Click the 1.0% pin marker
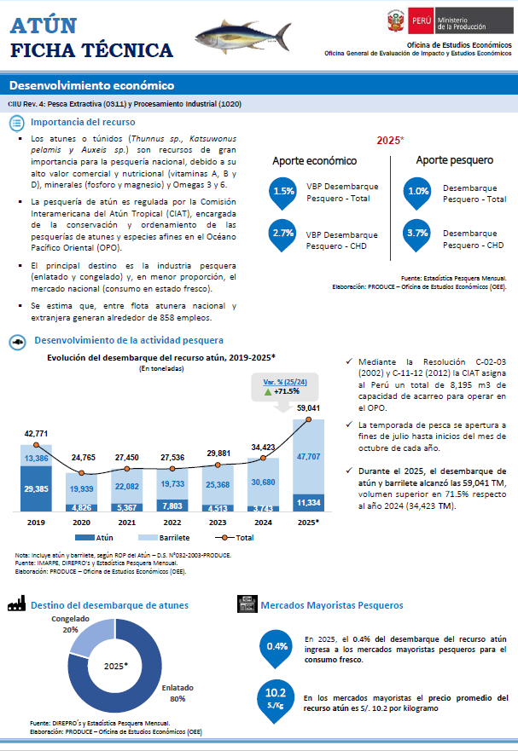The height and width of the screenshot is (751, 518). coord(417,193)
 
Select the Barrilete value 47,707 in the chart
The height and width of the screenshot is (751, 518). coord(307,457)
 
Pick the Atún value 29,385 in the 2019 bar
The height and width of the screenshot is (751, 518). coord(36,489)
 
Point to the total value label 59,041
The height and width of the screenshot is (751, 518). coord(307,408)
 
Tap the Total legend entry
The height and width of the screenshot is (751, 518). coord(242,538)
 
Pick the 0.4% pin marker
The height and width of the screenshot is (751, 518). coord(276,647)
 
